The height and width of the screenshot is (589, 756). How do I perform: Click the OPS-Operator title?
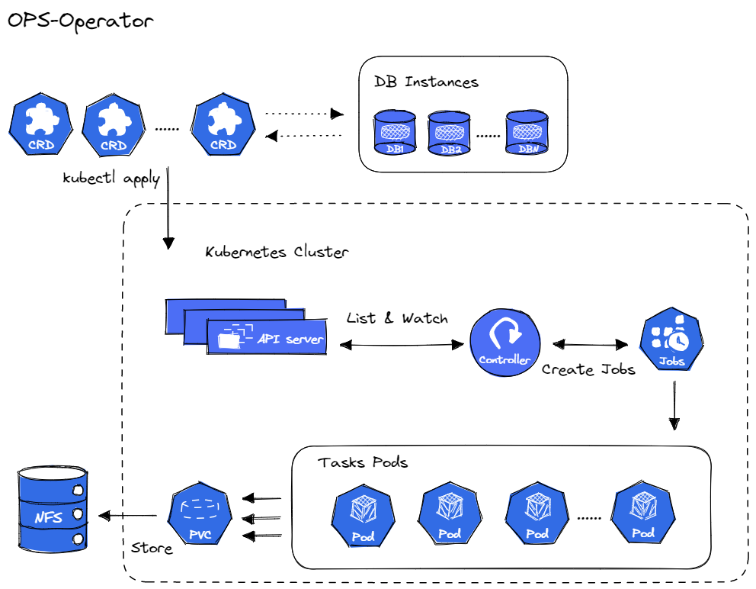80,21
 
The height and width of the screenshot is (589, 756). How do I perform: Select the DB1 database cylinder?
395,131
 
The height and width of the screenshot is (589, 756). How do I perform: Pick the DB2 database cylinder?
450,131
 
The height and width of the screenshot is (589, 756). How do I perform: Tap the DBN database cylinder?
527,131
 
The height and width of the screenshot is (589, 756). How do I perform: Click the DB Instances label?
426,82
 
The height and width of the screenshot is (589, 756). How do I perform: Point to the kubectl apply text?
111,179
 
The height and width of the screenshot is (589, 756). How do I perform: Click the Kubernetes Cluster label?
277,252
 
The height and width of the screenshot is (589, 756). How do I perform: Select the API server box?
267,337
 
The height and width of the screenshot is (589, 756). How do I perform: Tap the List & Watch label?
397,317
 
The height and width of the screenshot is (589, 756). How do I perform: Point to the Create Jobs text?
588,370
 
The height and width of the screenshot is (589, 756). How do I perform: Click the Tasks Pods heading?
363,462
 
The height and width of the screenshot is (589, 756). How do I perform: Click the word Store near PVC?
152,548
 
